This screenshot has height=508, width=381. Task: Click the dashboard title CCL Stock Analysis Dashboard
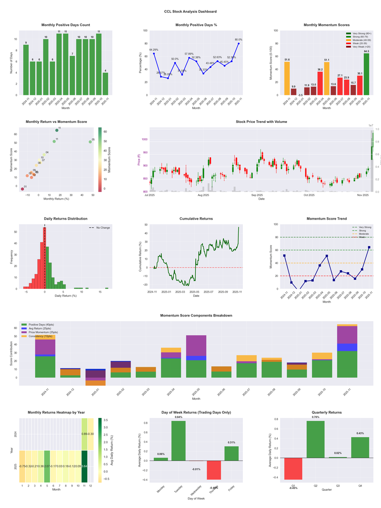(190, 11)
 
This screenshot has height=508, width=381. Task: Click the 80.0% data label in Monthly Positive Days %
(238, 40)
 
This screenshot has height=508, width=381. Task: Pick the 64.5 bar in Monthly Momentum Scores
(366, 74)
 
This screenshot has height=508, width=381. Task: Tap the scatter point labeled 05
(90, 142)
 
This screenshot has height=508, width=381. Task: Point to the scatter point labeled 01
(22, 189)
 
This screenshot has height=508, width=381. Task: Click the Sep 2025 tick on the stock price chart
(257, 195)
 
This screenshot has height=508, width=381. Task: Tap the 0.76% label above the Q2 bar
(316, 417)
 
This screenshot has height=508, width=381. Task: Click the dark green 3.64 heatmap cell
(84, 466)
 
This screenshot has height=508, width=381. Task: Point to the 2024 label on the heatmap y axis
(17, 434)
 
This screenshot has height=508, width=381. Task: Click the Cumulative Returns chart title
(196, 219)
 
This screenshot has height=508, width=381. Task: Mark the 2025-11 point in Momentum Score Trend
(369, 247)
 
